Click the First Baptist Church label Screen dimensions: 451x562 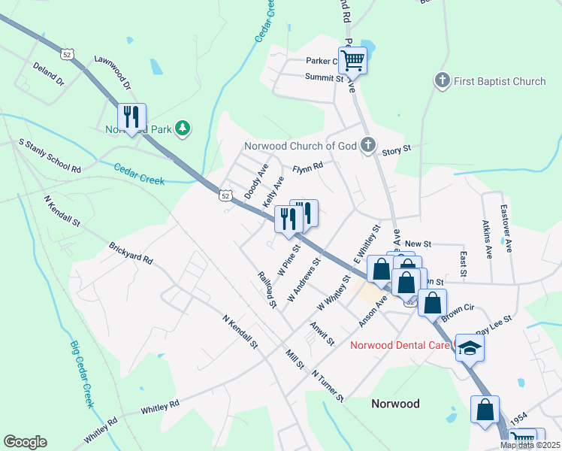coord(499,80)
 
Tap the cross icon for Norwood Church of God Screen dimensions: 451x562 coord(367,145)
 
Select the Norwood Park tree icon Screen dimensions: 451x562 coord(182,129)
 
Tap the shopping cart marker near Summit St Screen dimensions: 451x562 coord(352,59)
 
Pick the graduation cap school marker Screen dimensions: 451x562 coord(470,347)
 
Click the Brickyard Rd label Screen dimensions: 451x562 coord(131,253)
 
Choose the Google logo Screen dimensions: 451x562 coord(25,442)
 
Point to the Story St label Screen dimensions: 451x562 coord(396,150)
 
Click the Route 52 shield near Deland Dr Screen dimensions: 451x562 coord(68,55)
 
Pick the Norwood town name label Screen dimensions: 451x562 coord(395,404)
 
